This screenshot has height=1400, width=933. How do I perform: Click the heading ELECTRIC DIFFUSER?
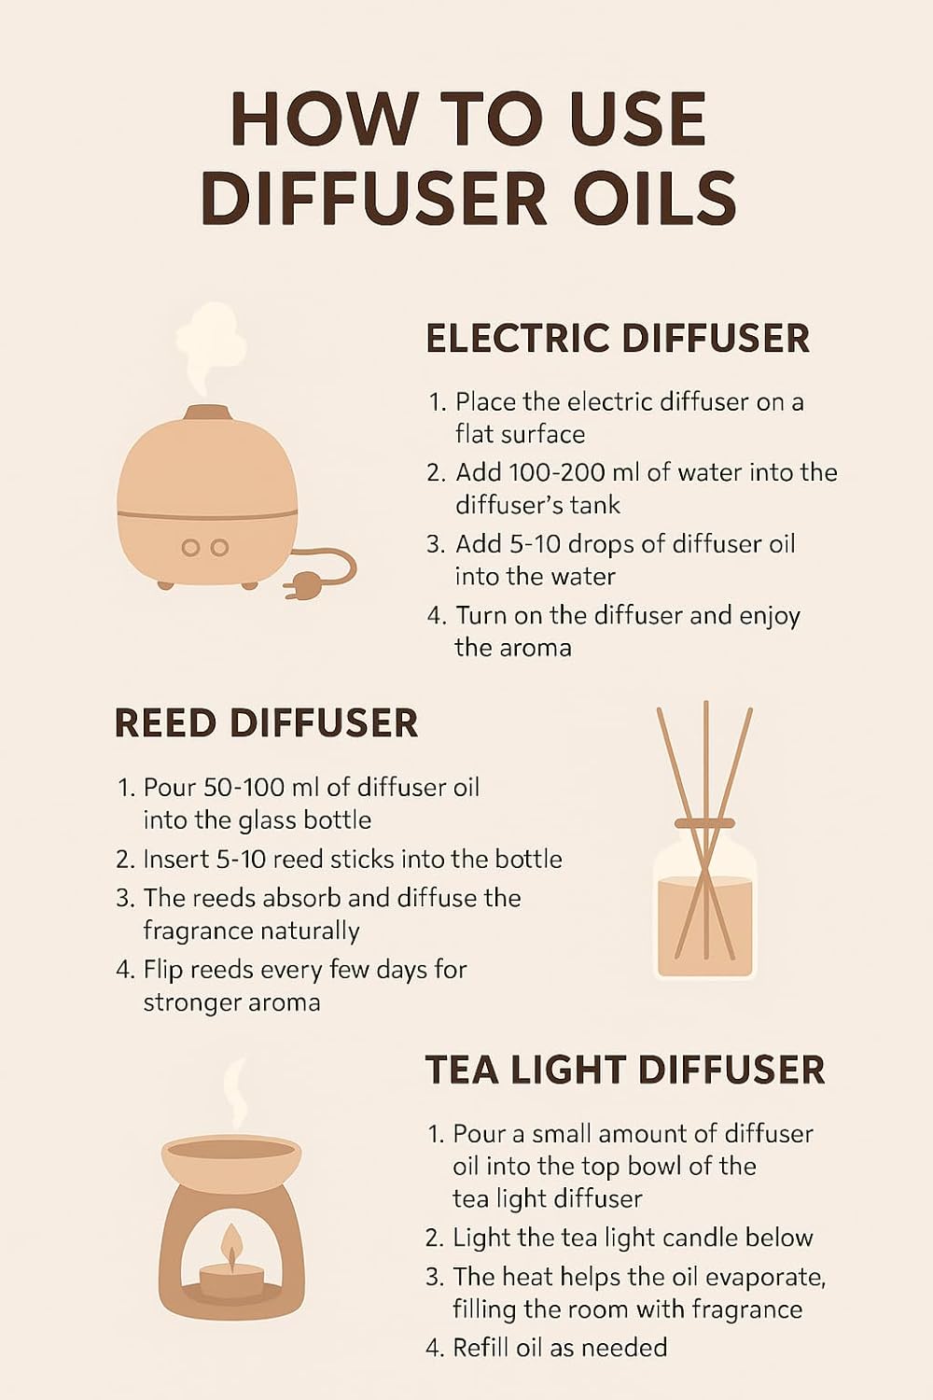617,339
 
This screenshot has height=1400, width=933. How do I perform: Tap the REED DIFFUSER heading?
266,724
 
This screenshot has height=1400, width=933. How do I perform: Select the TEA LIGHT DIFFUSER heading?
624,1071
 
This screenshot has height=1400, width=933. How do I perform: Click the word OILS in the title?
654,199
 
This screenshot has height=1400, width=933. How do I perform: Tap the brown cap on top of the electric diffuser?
207,413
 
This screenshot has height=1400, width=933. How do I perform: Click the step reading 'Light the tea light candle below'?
632,1238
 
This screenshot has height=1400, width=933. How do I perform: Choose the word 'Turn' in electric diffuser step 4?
481,616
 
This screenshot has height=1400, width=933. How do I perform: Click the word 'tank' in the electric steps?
594,505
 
